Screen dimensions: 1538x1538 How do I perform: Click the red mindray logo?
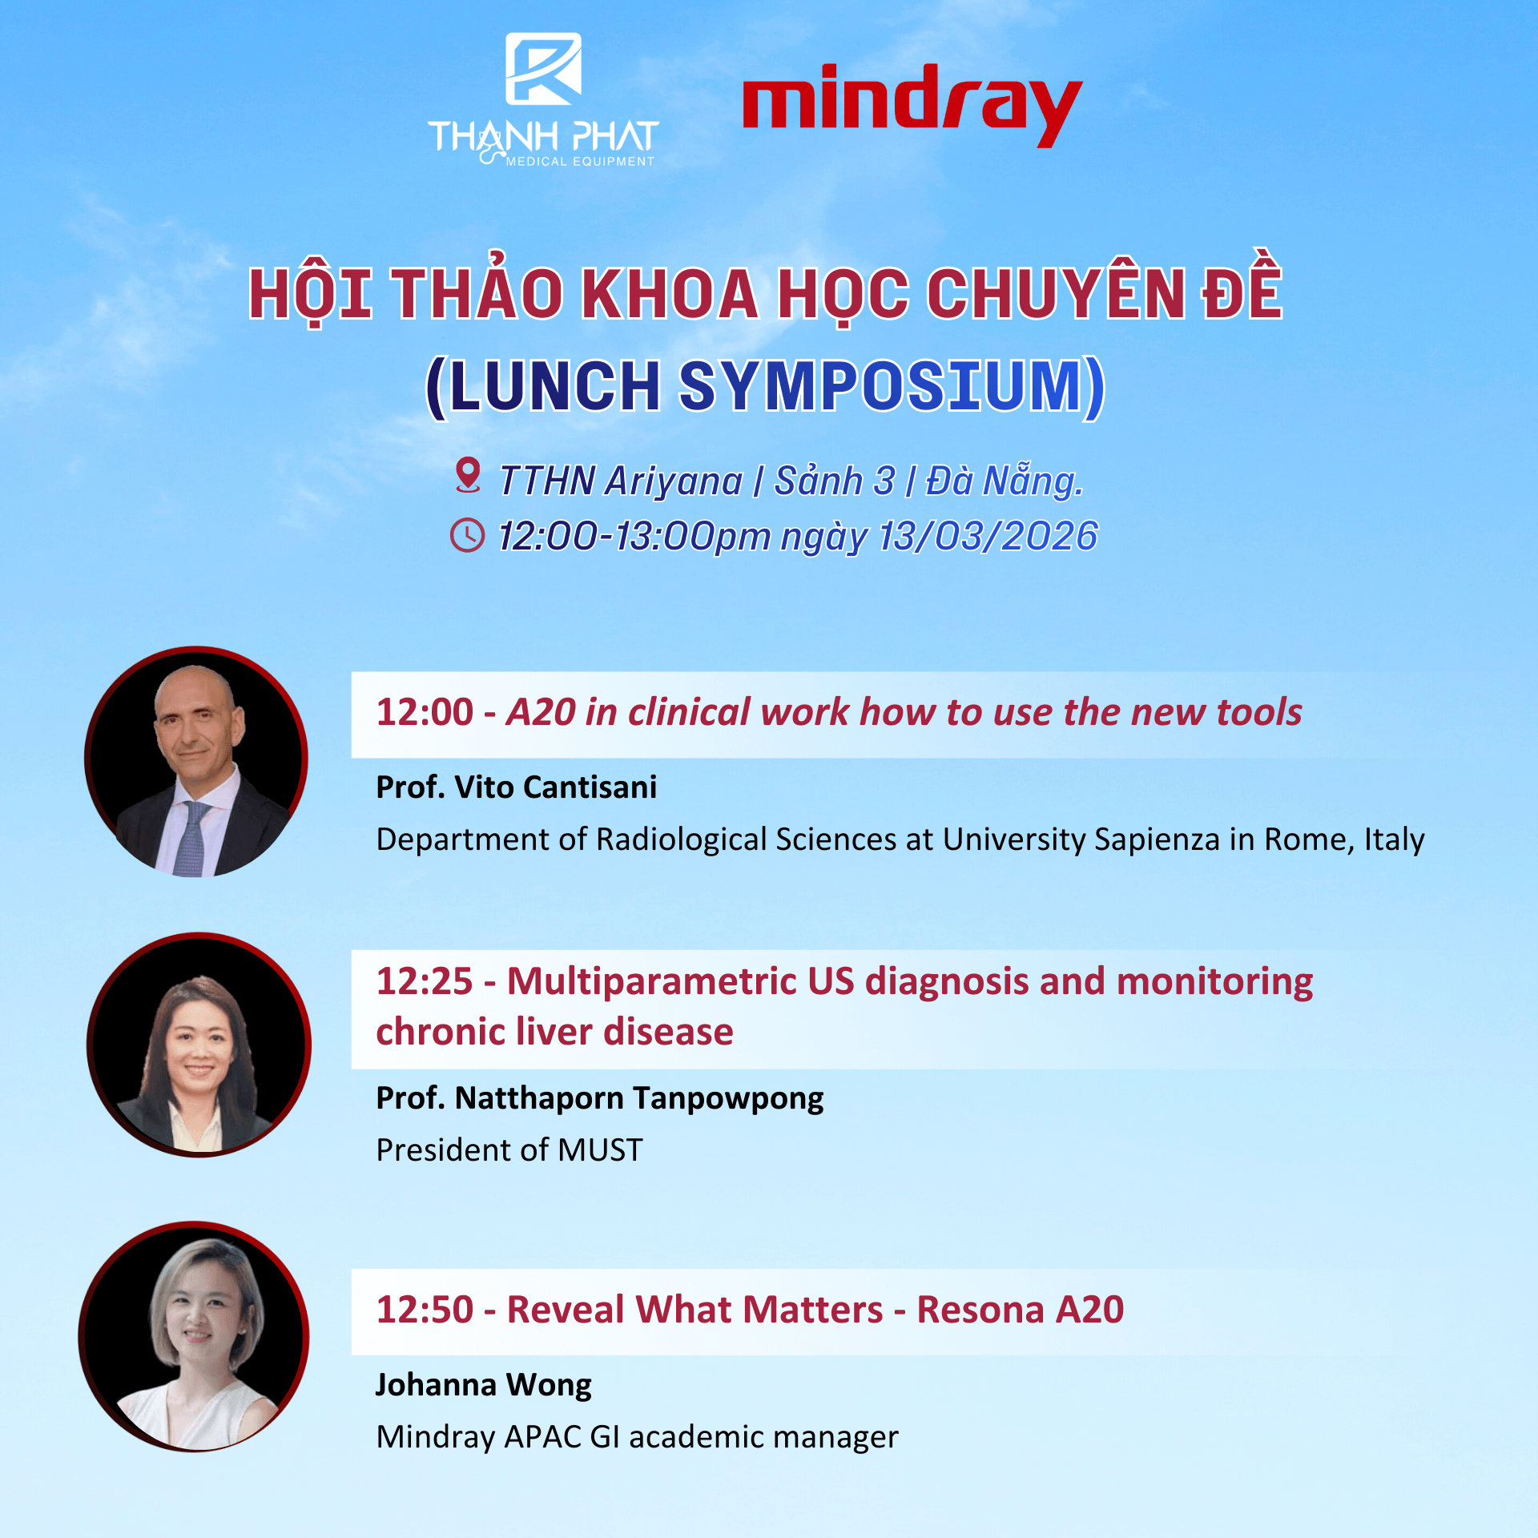point(912,105)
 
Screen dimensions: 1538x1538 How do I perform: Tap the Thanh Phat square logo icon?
point(544,69)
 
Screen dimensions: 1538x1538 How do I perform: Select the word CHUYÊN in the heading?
point(1056,292)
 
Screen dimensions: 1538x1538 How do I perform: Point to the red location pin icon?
point(468,475)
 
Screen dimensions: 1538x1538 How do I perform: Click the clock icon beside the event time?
point(468,535)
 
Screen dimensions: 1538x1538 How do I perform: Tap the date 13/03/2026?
point(988,536)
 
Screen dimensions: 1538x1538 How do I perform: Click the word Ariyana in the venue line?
point(674,481)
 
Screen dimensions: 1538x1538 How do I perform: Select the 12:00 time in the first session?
point(425,712)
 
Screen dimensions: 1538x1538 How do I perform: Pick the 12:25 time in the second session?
point(425,981)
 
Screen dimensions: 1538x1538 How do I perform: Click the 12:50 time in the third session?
point(425,1310)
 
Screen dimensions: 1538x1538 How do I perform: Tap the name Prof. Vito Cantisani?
point(517,787)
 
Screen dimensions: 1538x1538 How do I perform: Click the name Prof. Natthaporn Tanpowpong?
point(600,1099)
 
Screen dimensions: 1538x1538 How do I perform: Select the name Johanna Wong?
point(484,1385)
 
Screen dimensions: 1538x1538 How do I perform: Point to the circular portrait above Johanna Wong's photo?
point(199,1045)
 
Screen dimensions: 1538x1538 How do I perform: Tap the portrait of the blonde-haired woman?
point(194,1337)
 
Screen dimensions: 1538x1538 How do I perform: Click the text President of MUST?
point(509,1150)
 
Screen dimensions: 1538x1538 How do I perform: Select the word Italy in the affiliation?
point(1395,839)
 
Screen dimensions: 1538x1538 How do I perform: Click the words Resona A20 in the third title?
point(1021,1310)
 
